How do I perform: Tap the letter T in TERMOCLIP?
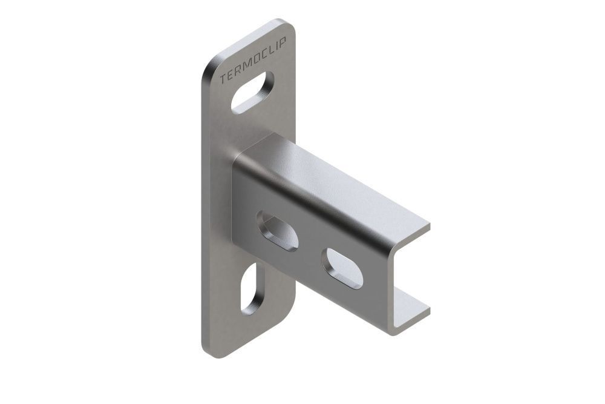pos(222,79)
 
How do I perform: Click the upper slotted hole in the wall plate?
pos(252,92)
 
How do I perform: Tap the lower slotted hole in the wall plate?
pos(252,288)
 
